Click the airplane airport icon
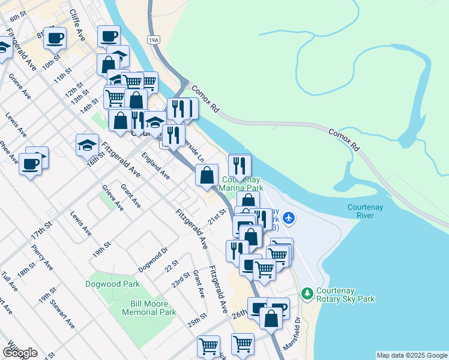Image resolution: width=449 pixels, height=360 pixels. pos(289,217)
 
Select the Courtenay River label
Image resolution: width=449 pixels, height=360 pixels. pos(365,211)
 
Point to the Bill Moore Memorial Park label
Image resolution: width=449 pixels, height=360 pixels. pos(149,308)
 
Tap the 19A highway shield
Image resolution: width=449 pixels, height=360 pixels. pos(154,40)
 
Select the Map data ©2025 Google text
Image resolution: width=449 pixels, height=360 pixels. pos(411,355)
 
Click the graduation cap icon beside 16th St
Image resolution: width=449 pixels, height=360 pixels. pos(87,145)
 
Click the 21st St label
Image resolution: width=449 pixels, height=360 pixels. pos(217,215)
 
